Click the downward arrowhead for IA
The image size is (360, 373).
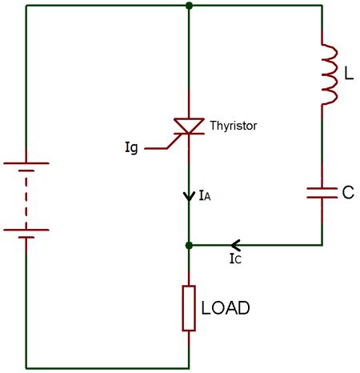tap(189, 195)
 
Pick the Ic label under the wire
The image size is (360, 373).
tap(234, 259)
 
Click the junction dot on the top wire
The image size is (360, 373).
tap(189, 6)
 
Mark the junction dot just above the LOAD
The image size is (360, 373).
tap(189, 246)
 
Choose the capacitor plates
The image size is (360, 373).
tap(322, 192)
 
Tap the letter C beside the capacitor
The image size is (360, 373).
tap(348, 192)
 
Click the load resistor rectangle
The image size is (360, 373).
tap(189, 307)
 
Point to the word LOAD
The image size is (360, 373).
tap(226, 307)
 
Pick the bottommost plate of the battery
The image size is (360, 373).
tap(26, 238)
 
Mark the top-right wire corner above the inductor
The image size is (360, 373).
tap(322, 6)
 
